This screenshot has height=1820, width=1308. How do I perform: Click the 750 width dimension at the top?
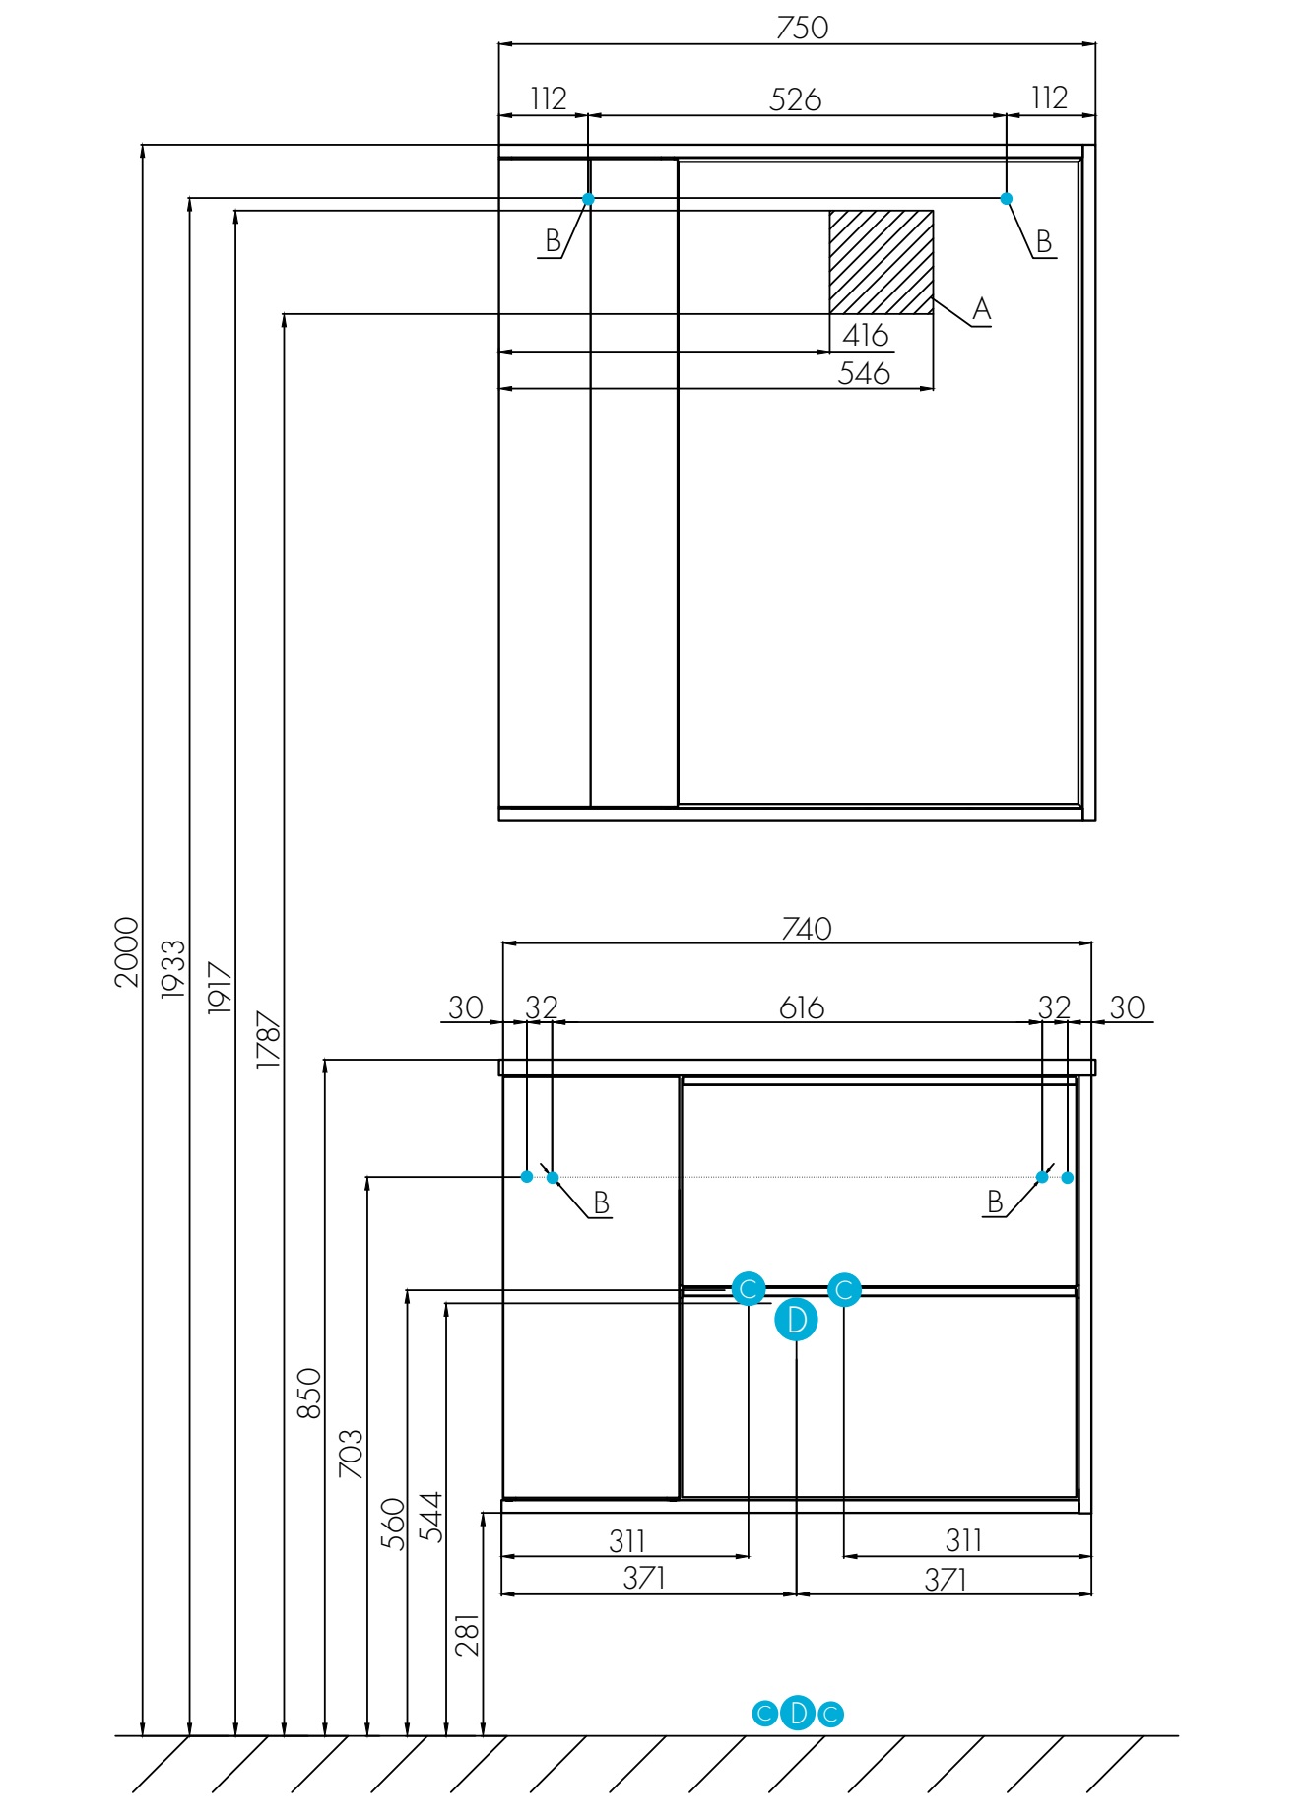pyautogui.click(x=802, y=28)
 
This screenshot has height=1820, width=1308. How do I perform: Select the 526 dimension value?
pyautogui.click(x=795, y=99)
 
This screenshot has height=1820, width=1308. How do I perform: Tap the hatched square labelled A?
pyautogui.click(x=881, y=262)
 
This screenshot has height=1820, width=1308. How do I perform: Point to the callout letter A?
pyautogui.click(x=981, y=309)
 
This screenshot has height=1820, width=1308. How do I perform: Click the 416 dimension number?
pyautogui.click(x=865, y=335)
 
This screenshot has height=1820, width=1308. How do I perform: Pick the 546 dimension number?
pyautogui.click(x=864, y=373)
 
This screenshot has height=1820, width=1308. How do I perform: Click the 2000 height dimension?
pyautogui.click(x=127, y=951)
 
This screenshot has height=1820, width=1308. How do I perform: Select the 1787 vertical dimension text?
pyautogui.click(x=268, y=1039)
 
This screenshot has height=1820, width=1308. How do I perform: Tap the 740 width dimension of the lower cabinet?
pyautogui.click(x=807, y=929)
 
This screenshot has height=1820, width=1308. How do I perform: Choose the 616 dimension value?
pyautogui.click(x=802, y=1007)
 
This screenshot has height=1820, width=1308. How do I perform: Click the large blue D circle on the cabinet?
pyautogui.click(x=797, y=1320)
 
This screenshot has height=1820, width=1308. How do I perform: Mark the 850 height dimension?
pyautogui.click(x=309, y=1393)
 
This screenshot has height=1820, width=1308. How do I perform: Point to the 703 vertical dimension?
pyautogui.click(x=351, y=1454)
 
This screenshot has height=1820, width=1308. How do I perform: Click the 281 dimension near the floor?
pyautogui.click(x=468, y=1634)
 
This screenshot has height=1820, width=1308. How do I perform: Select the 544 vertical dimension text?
pyautogui.click(x=430, y=1517)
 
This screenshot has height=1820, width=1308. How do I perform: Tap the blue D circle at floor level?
pyautogui.click(x=798, y=1714)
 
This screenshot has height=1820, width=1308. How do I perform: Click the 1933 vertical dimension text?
pyautogui.click(x=173, y=969)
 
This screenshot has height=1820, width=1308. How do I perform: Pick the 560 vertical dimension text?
pyautogui.click(x=393, y=1524)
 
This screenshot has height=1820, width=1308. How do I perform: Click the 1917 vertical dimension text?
pyautogui.click(x=220, y=988)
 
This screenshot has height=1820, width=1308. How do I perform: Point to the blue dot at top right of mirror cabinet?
pyautogui.click(x=1007, y=199)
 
